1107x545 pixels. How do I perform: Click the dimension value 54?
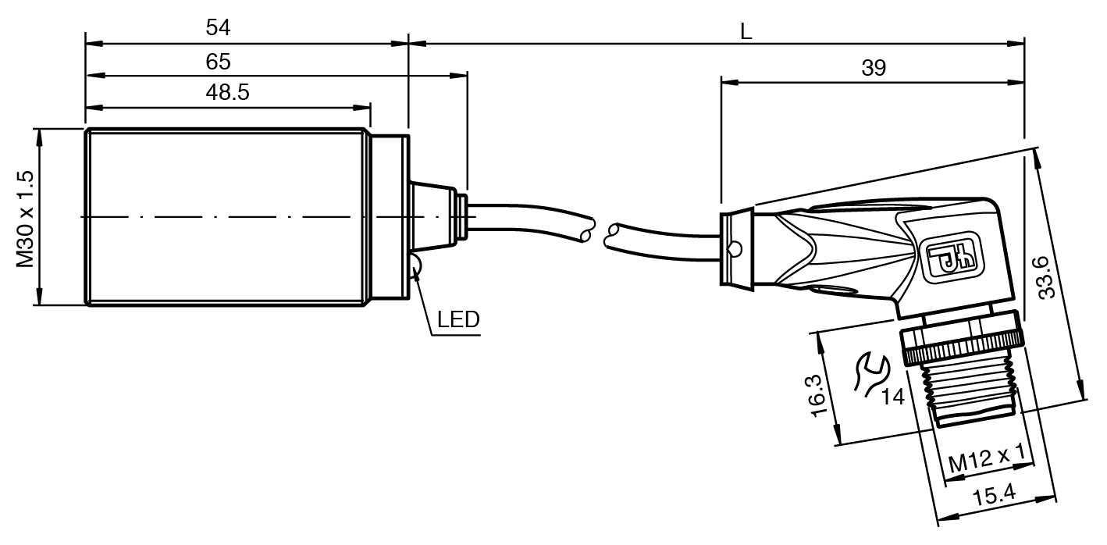pos(219,28)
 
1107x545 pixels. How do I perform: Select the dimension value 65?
pos(219,60)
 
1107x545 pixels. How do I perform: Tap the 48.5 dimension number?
pos(227,92)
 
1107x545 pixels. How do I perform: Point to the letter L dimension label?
pos(746,31)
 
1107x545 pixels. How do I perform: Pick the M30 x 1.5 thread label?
pos(26,219)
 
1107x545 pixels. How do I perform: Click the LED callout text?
pos(458,319)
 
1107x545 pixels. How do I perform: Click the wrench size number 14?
pos(892,397)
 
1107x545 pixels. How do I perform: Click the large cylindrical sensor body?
pos(226,216)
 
